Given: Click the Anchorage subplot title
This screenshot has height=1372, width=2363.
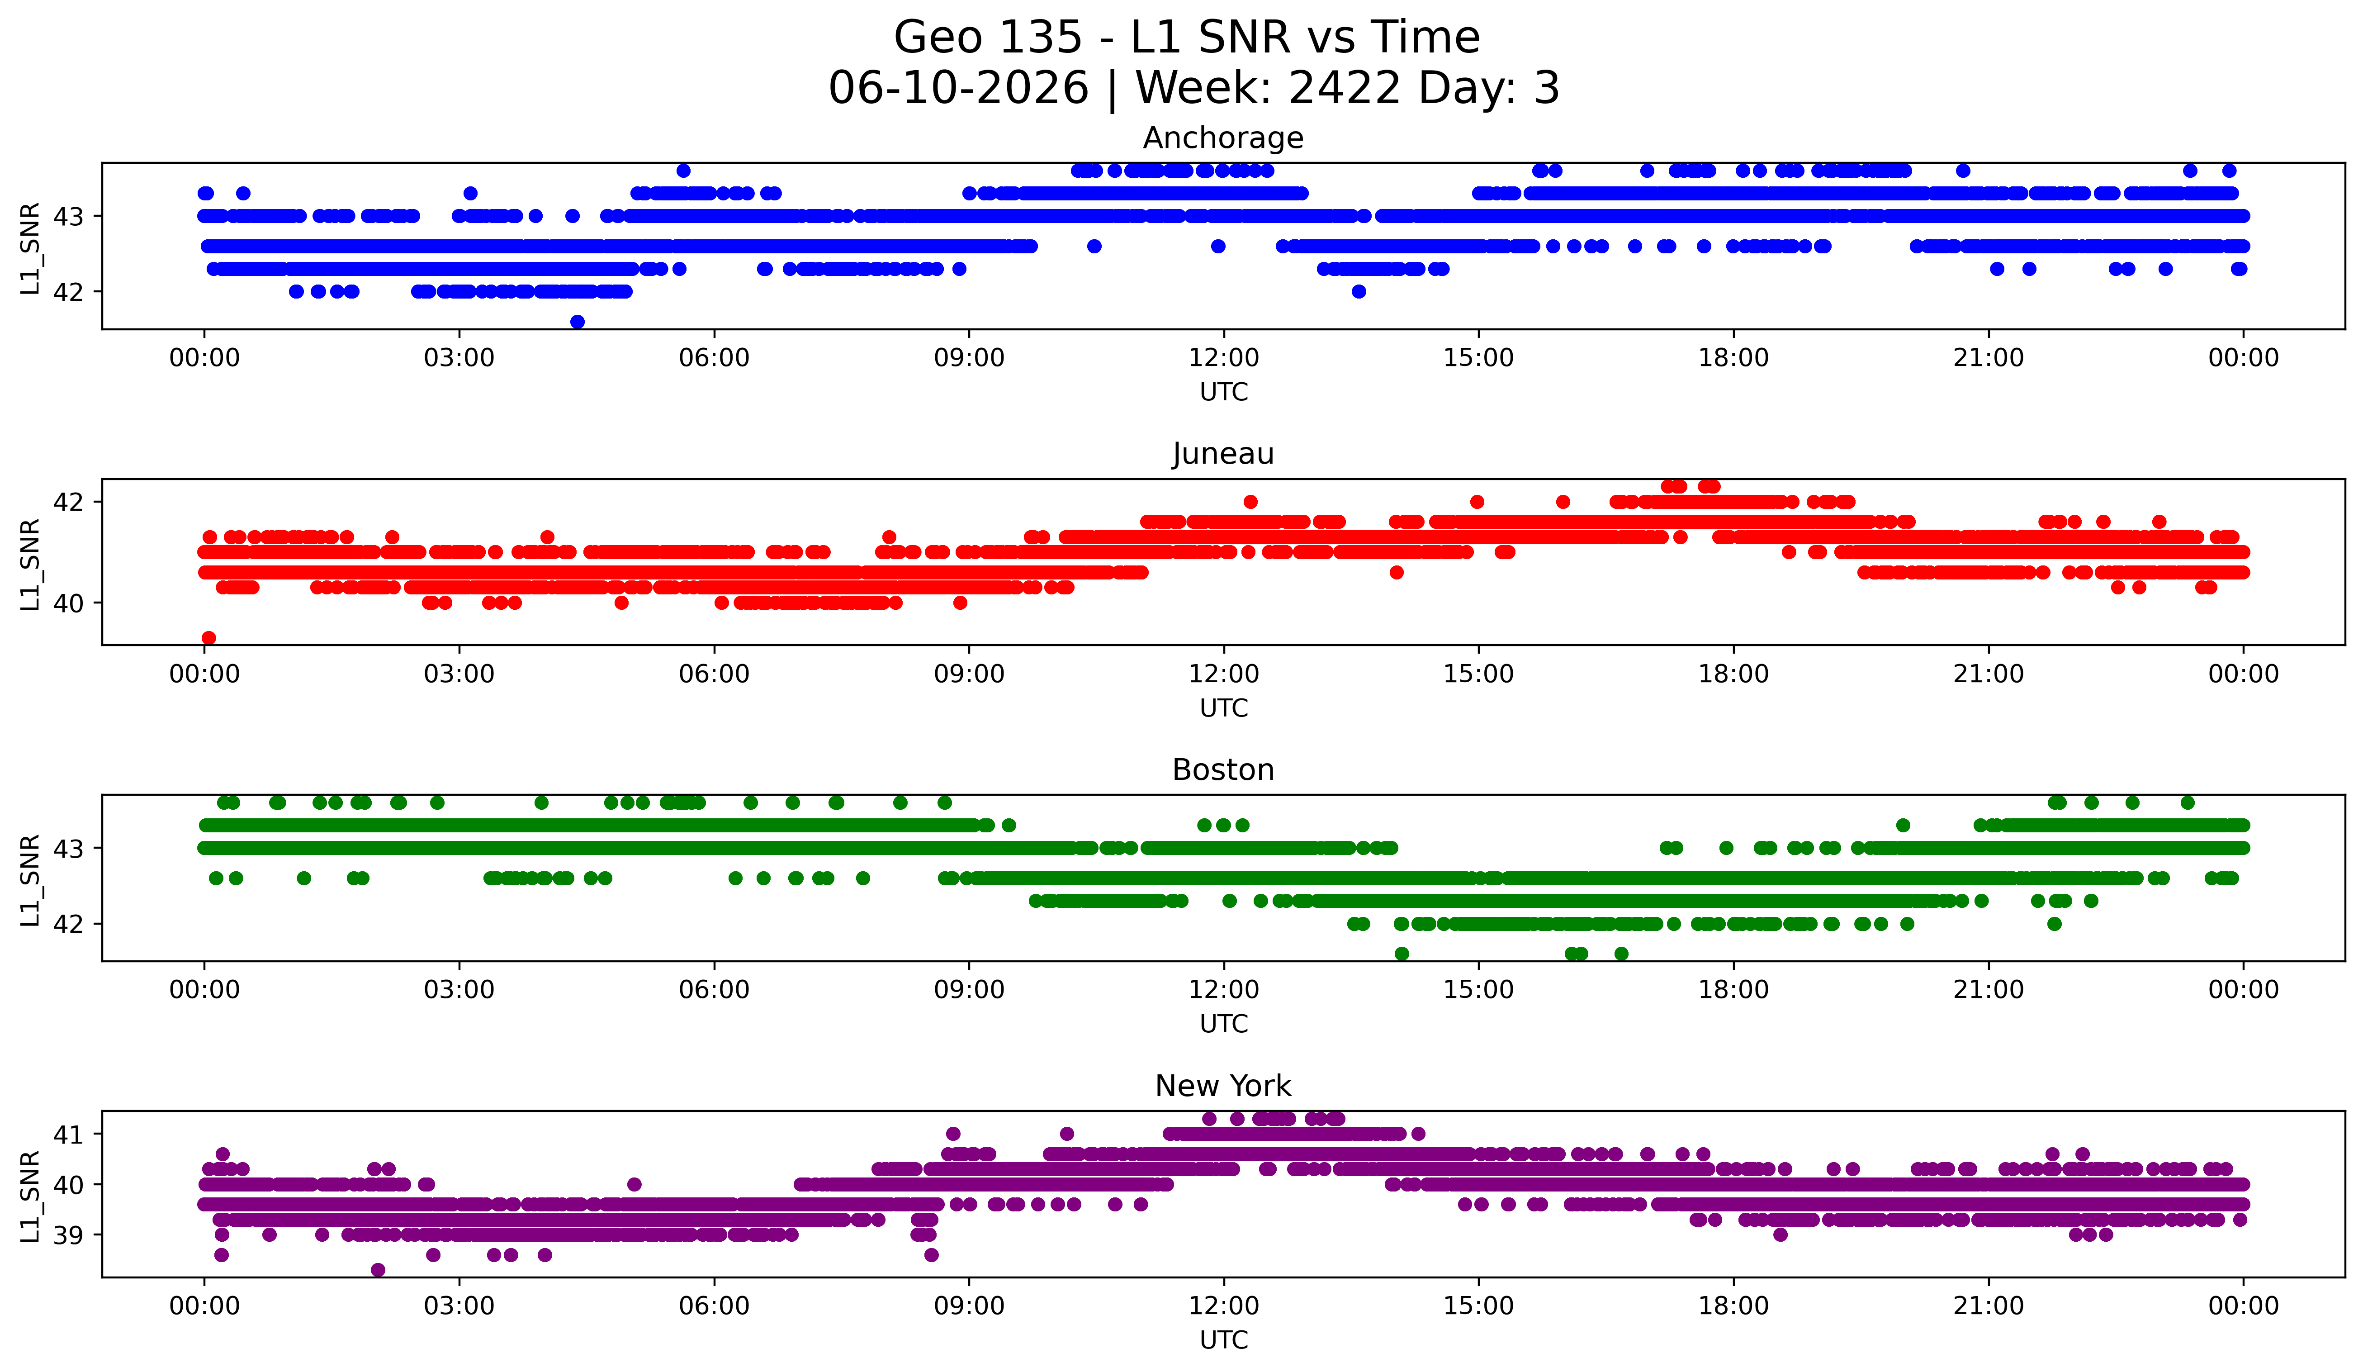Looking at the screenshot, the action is [1223, 138].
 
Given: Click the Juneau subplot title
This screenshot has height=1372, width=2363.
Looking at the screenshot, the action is [1223, 454].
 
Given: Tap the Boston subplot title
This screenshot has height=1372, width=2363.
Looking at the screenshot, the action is [1223, 770].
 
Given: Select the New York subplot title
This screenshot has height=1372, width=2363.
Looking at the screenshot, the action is [1223, 1086].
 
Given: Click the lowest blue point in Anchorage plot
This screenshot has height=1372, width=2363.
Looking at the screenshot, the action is [578, 322].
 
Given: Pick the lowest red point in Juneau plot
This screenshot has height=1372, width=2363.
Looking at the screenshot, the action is [209, 638].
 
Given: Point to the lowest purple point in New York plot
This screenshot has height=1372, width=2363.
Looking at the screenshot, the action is [378, 1270].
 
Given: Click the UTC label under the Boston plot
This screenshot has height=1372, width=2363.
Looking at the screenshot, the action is [1224, 1024].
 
